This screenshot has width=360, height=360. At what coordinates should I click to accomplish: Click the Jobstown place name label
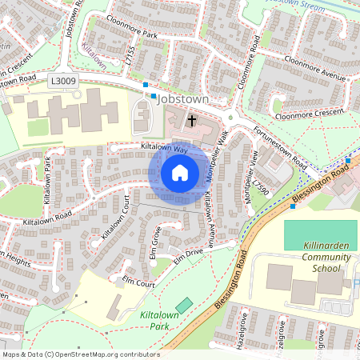pos(183,98)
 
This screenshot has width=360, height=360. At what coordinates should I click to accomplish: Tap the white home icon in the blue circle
pos(180,172)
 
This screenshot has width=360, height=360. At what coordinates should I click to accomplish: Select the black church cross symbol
pos(192,122)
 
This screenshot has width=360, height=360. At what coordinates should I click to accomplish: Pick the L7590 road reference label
pos(261,191)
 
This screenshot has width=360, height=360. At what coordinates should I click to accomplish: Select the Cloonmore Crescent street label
pos(312,112)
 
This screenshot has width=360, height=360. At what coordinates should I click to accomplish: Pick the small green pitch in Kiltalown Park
pos(185,306)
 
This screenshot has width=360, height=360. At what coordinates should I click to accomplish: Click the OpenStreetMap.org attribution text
pos(80,354)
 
